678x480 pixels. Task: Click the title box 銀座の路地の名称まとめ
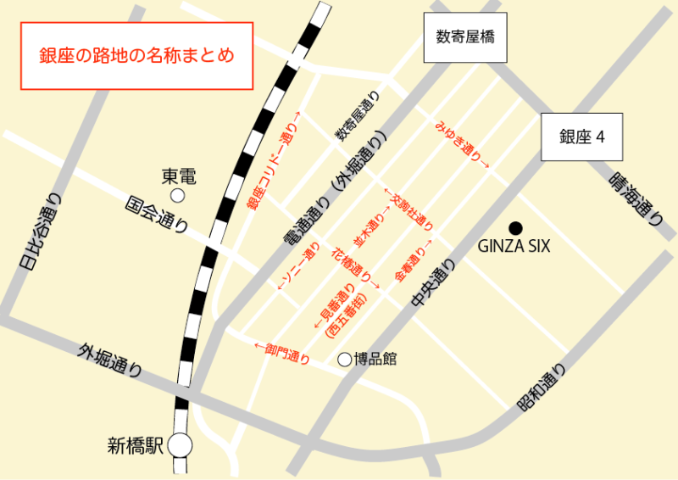[136, 57]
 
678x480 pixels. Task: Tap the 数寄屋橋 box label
[465, 38]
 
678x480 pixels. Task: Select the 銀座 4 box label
[582, 137]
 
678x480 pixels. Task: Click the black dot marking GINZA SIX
[514, 227]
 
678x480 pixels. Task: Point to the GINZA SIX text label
[514, 247]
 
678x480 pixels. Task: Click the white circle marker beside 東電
[178, 196]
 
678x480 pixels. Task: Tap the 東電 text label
[179, 176]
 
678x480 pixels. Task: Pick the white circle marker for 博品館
[344, 360]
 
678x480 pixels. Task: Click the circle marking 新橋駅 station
[180, 444]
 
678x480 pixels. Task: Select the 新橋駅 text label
[135, 444]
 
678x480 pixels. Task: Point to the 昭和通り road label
[541, 389]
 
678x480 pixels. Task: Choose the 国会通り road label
[156, 215]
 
